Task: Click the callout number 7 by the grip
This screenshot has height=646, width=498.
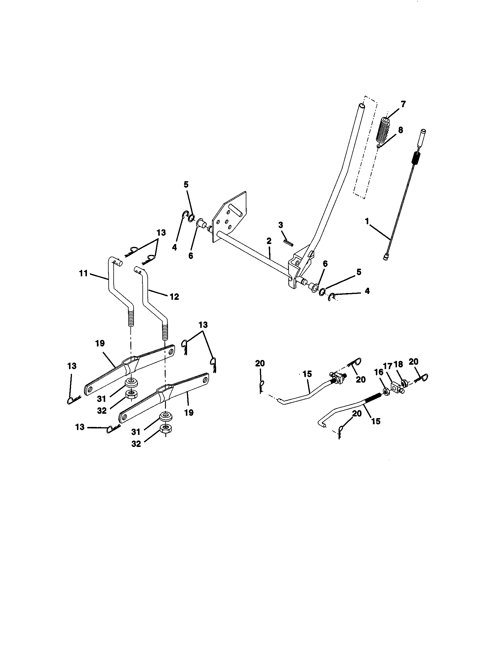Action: pyautogui.click(x=403, y=104)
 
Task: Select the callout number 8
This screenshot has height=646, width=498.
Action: pyautogui.click(x=401, y=130)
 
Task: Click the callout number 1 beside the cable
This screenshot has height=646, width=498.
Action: pyautogui.click(x=367, y=221)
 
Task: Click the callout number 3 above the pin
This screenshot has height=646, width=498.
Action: pyautogui.click(x=280, y=225)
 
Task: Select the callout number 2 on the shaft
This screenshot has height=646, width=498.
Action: pyautogui.click(x=268, y=241)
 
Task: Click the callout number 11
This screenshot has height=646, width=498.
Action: pyautogui.click(x=83, y=273)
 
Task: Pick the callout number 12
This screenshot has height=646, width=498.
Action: pyautogui.click(x=174, y=296)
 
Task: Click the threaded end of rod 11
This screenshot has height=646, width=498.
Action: pyautogui.click(x=131, y=317)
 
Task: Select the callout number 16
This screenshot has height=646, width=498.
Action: pyautogui.click(x=379, y=372)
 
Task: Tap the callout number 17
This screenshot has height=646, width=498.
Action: pyautogui.click(x=388, y=366)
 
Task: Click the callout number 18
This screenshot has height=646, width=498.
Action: pyautogui.click(x=398, y=364)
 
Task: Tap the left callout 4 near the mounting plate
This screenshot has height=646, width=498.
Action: pyautogui.click(x=174, y=247)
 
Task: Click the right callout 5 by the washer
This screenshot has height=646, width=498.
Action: pyautogui.click(x=359, y=272)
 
